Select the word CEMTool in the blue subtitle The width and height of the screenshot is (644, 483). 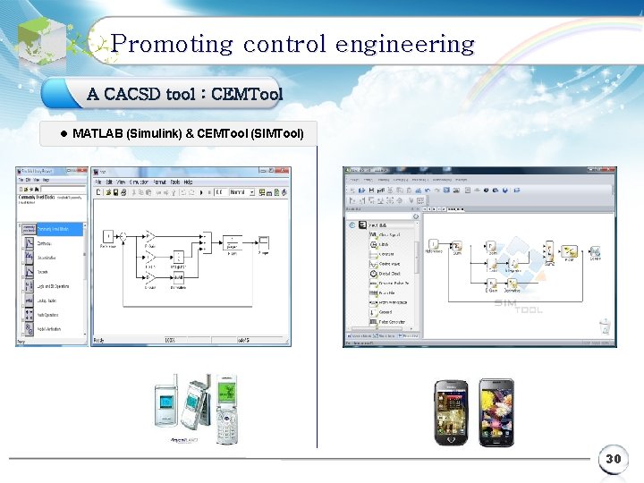(x=247, y=94)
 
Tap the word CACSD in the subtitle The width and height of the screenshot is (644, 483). (x=131, y=94)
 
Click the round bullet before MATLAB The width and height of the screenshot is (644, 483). (x=64, y=134)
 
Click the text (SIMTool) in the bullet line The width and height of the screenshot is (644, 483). (x=278, y=134)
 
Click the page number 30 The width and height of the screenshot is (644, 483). (x=613, y=459)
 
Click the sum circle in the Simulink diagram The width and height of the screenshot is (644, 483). (x=124, y=235)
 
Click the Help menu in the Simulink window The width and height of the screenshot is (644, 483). (x=188, y=182)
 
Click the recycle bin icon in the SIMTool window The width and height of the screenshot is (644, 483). (x=605, y=326)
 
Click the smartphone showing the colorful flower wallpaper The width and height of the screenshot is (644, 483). (x=496, y=411)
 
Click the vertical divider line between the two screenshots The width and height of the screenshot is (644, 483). (x=317, y=295)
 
